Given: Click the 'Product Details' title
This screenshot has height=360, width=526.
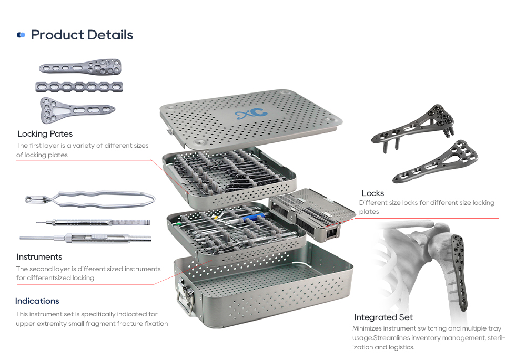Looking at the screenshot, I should (82, 35).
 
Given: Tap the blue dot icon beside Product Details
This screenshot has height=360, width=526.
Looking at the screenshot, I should (21, 35).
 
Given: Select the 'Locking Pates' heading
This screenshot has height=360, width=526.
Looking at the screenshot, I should (45, 134).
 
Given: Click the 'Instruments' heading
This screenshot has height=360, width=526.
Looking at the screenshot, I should (39, 257).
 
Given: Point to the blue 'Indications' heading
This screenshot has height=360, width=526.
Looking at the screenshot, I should (37, 301).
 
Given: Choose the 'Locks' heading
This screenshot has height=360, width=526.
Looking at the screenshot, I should (372, 193).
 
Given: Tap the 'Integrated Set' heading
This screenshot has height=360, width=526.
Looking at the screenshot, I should (383, 317).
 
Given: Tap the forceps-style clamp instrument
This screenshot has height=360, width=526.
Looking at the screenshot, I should (90, 200).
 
